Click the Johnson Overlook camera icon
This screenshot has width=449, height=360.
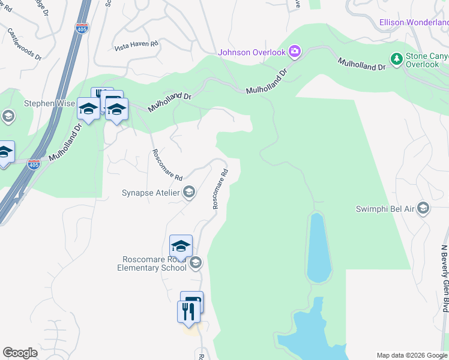pyautogui.click(x=295, y=52)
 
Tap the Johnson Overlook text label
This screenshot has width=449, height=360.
pyautogui.click(x=252, y=52)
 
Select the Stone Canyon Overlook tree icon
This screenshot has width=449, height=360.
pyautogui.click(x=396, y=59)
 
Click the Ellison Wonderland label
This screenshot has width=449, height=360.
pyautogui.click(x=414, y=23)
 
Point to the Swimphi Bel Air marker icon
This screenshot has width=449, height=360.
pyautogui.click(x=423, y=208)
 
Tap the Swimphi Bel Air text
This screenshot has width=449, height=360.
pyautogui.click(x=384, y=208)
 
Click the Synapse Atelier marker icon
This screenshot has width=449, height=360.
pyautogui.click(x=189, y=193)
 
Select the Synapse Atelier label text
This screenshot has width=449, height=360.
pyautogui.click(x=151, y=193)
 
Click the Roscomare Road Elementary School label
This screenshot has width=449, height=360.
pyautogui.click(x=154, y=263)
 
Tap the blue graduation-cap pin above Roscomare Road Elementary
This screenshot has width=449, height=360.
pyautogui.click(x=181, y=246)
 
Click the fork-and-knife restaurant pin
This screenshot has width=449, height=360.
pyautogui.click(x=188, y=311)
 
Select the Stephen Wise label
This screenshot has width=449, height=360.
pyautogui.click(x=49, y=103)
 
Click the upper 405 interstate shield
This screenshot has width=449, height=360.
pyautogui.click(x=82, y=28)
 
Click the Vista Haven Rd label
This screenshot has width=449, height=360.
pyautogui.click(x=136, y=45)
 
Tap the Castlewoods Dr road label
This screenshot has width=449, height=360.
pyautogui.click(x=25, y=45)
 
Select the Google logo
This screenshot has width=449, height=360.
pyautogui.click(x=20, y=353)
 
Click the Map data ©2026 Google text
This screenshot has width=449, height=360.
pyautogui.click(x=411, y=355)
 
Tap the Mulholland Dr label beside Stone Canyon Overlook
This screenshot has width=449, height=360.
pyautogui.click(x=361, y=64)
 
